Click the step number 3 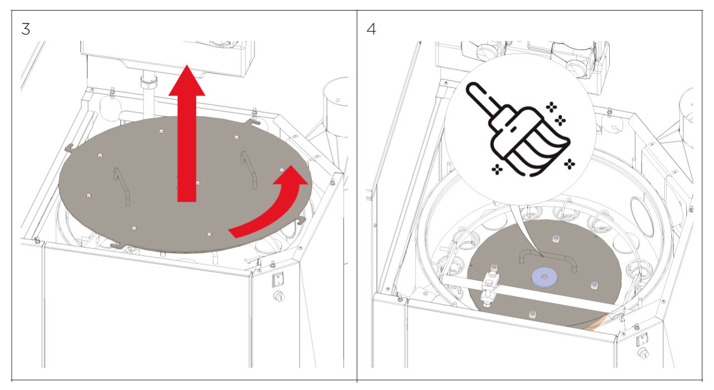26,29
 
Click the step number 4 371,29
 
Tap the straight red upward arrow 187,134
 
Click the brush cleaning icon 518,129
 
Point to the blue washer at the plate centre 544,276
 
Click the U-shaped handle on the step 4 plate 547,259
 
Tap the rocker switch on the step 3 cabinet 278,280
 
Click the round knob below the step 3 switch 279,297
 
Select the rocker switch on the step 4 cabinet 642,340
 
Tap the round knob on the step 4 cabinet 643,354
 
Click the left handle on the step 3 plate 122,187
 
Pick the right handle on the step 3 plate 249,170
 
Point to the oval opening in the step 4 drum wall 641,217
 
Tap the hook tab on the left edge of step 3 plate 69,148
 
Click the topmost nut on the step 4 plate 556,238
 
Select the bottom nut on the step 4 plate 532,315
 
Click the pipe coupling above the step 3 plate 149,82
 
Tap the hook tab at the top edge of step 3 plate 253,121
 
